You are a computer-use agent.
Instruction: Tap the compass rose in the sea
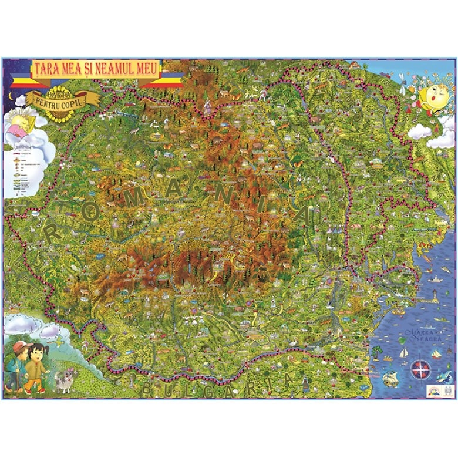click(x=420, y=369)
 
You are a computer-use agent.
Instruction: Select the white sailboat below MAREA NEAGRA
click(x=404, y=353)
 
